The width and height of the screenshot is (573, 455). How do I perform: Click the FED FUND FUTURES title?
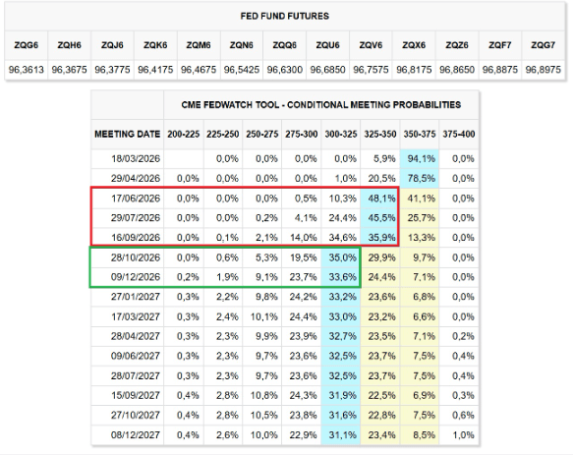[285, 17]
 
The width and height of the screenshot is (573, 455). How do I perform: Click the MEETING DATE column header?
[127, 132]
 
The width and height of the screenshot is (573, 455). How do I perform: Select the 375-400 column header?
[458, 132]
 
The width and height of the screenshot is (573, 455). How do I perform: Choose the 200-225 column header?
[184, 132]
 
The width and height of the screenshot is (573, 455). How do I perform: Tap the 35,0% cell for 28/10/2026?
[341, 257]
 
